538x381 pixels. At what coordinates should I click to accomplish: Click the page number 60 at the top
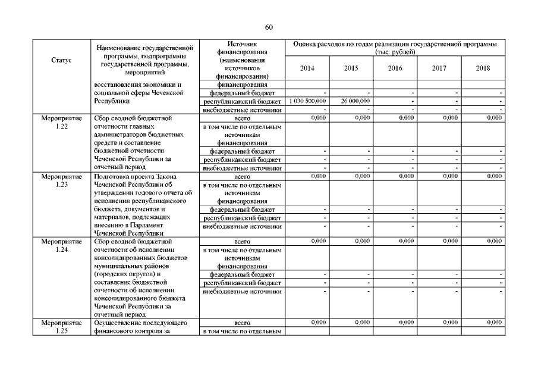click(269, 27)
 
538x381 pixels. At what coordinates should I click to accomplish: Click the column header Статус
click(61, 60)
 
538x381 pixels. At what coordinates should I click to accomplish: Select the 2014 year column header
click(307, 68)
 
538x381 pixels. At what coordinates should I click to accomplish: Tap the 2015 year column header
click(351, 68)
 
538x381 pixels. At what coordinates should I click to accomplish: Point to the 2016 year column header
click(395, 68)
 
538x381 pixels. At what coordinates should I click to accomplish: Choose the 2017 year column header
click(439, 68)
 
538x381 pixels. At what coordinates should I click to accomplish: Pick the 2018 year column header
click(483, 68)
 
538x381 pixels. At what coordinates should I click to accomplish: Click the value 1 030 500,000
click(307, 101)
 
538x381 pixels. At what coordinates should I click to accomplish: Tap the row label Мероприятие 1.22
click(61, 123)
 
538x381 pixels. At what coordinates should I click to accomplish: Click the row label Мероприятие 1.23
click(61, 180)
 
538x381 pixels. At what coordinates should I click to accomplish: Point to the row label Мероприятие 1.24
click(61, 246)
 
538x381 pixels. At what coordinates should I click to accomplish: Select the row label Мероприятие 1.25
click(61, 326)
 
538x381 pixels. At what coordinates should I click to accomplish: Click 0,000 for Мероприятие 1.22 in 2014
click(318, 118)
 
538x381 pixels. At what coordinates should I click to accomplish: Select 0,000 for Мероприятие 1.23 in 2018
click(494, 176)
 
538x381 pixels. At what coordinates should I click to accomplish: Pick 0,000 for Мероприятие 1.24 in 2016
click(406, 241)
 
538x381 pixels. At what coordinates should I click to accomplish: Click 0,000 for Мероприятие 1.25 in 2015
click(362, 322)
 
